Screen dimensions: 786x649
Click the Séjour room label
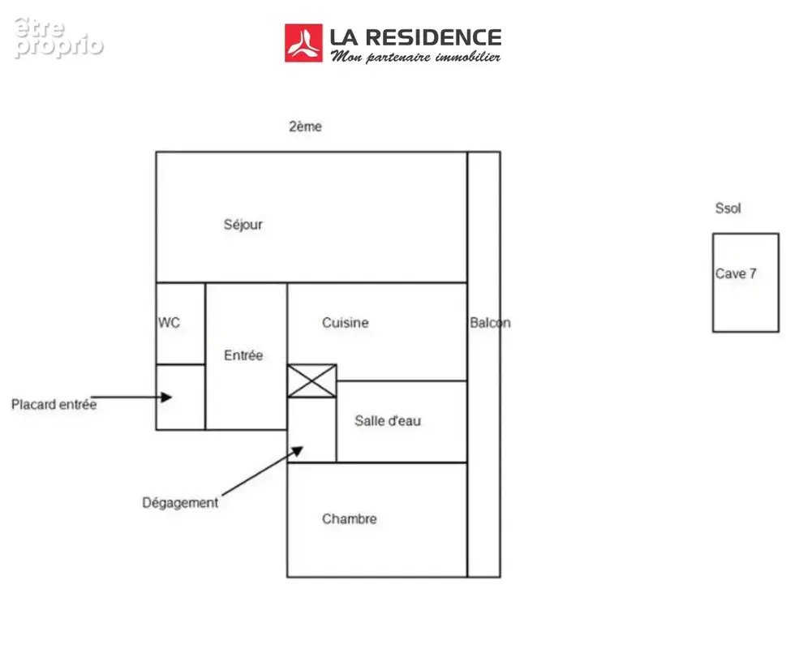coord(243,225)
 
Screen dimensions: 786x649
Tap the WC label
coord(169,322)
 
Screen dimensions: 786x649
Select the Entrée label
coord(243,355)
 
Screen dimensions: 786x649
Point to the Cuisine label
coord(346,322)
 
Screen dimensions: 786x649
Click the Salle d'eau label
coord(388,420)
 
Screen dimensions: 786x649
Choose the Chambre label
coord(350,518)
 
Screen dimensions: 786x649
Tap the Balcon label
coord(490,323)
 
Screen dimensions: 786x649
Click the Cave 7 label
coord(736,273)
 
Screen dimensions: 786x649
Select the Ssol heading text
coord(728,208)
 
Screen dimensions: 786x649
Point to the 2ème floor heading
coord(305,127)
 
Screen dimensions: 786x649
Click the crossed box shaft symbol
coord(311,380)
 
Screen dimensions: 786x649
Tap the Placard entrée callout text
coord(54,405)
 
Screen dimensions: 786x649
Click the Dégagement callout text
coord(180,503)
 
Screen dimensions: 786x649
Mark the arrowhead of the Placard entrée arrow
coord(171,398)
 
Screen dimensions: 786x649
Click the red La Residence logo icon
coord(303,43)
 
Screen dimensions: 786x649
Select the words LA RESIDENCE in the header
coord(415,37)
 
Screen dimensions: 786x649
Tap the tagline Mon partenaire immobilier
coord(415,57)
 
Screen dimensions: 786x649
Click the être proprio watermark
coord(58,37)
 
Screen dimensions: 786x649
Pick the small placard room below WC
coord(180,397)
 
